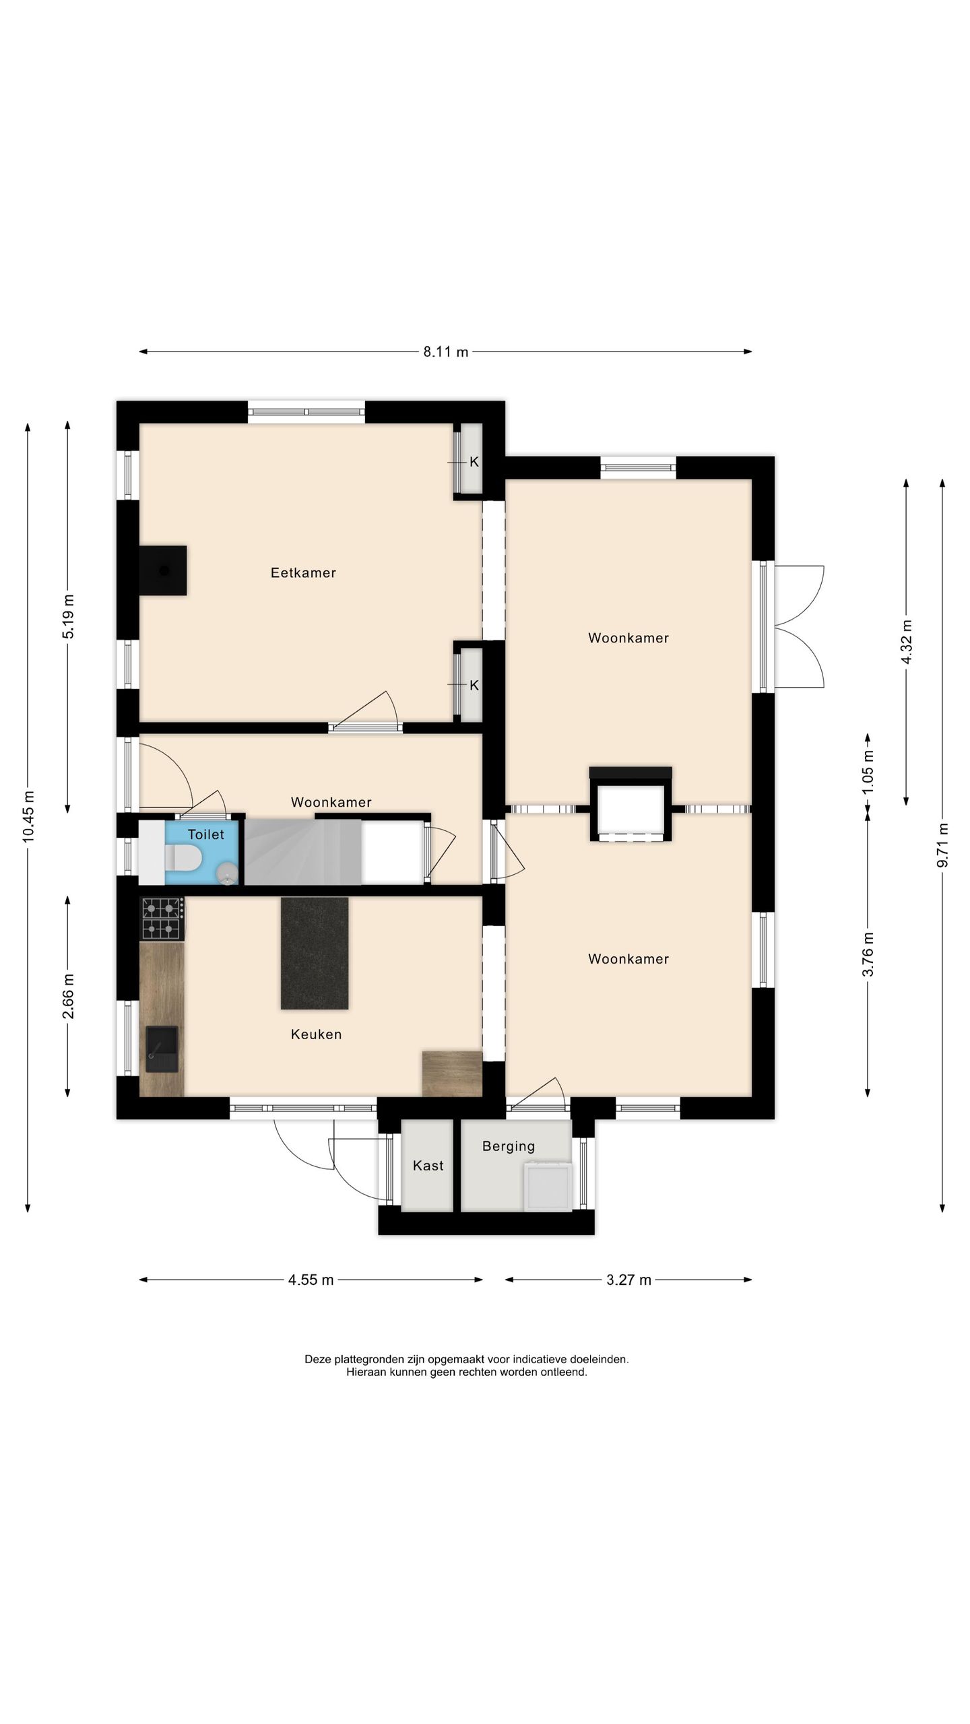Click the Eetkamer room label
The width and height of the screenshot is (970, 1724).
tap(303, 572)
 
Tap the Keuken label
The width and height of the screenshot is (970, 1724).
tap(316, 1034)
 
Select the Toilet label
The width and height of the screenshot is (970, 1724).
tap(205, 834)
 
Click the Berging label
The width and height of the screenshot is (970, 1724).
tap(509, 1146)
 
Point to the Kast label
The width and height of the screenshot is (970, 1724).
tap(428, 1165)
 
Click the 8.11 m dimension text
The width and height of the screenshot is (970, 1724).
tap(446, 352)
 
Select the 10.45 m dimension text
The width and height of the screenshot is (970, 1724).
tap(29, 816)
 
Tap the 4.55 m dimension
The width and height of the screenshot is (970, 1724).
tap(311, 1280)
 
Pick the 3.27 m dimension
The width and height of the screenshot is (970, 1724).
tap(628, 1280)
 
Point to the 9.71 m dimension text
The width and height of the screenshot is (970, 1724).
tap(943, 845)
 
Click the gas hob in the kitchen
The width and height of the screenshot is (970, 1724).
tap(162, 919)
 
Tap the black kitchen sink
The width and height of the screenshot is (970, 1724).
tap(162, 1049)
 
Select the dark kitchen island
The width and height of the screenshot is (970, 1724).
tap(315, 953)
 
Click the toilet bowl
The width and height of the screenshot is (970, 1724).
tap(184, 858)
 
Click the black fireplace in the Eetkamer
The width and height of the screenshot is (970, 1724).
tap(163, 570)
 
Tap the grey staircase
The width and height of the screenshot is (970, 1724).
tap(303, 852)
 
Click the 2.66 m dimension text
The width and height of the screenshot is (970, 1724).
tap(68, 997)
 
